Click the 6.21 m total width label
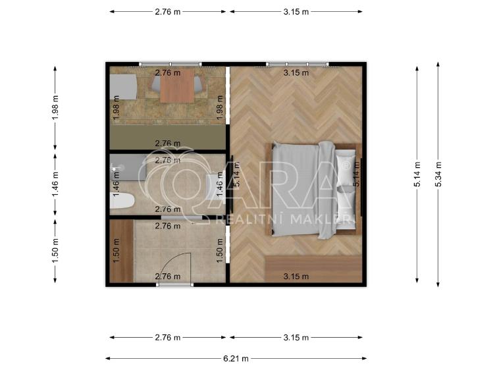236,358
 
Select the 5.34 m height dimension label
438,174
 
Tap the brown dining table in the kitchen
177,86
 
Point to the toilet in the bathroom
122,201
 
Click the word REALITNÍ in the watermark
249,219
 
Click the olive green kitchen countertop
168,137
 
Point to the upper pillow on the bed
344,168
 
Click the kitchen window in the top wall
170,65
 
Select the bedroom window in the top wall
298,65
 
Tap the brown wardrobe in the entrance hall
122,251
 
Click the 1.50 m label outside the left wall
55,251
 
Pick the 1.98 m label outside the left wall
55,107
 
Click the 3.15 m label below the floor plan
296,338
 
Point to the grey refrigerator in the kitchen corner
123,87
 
